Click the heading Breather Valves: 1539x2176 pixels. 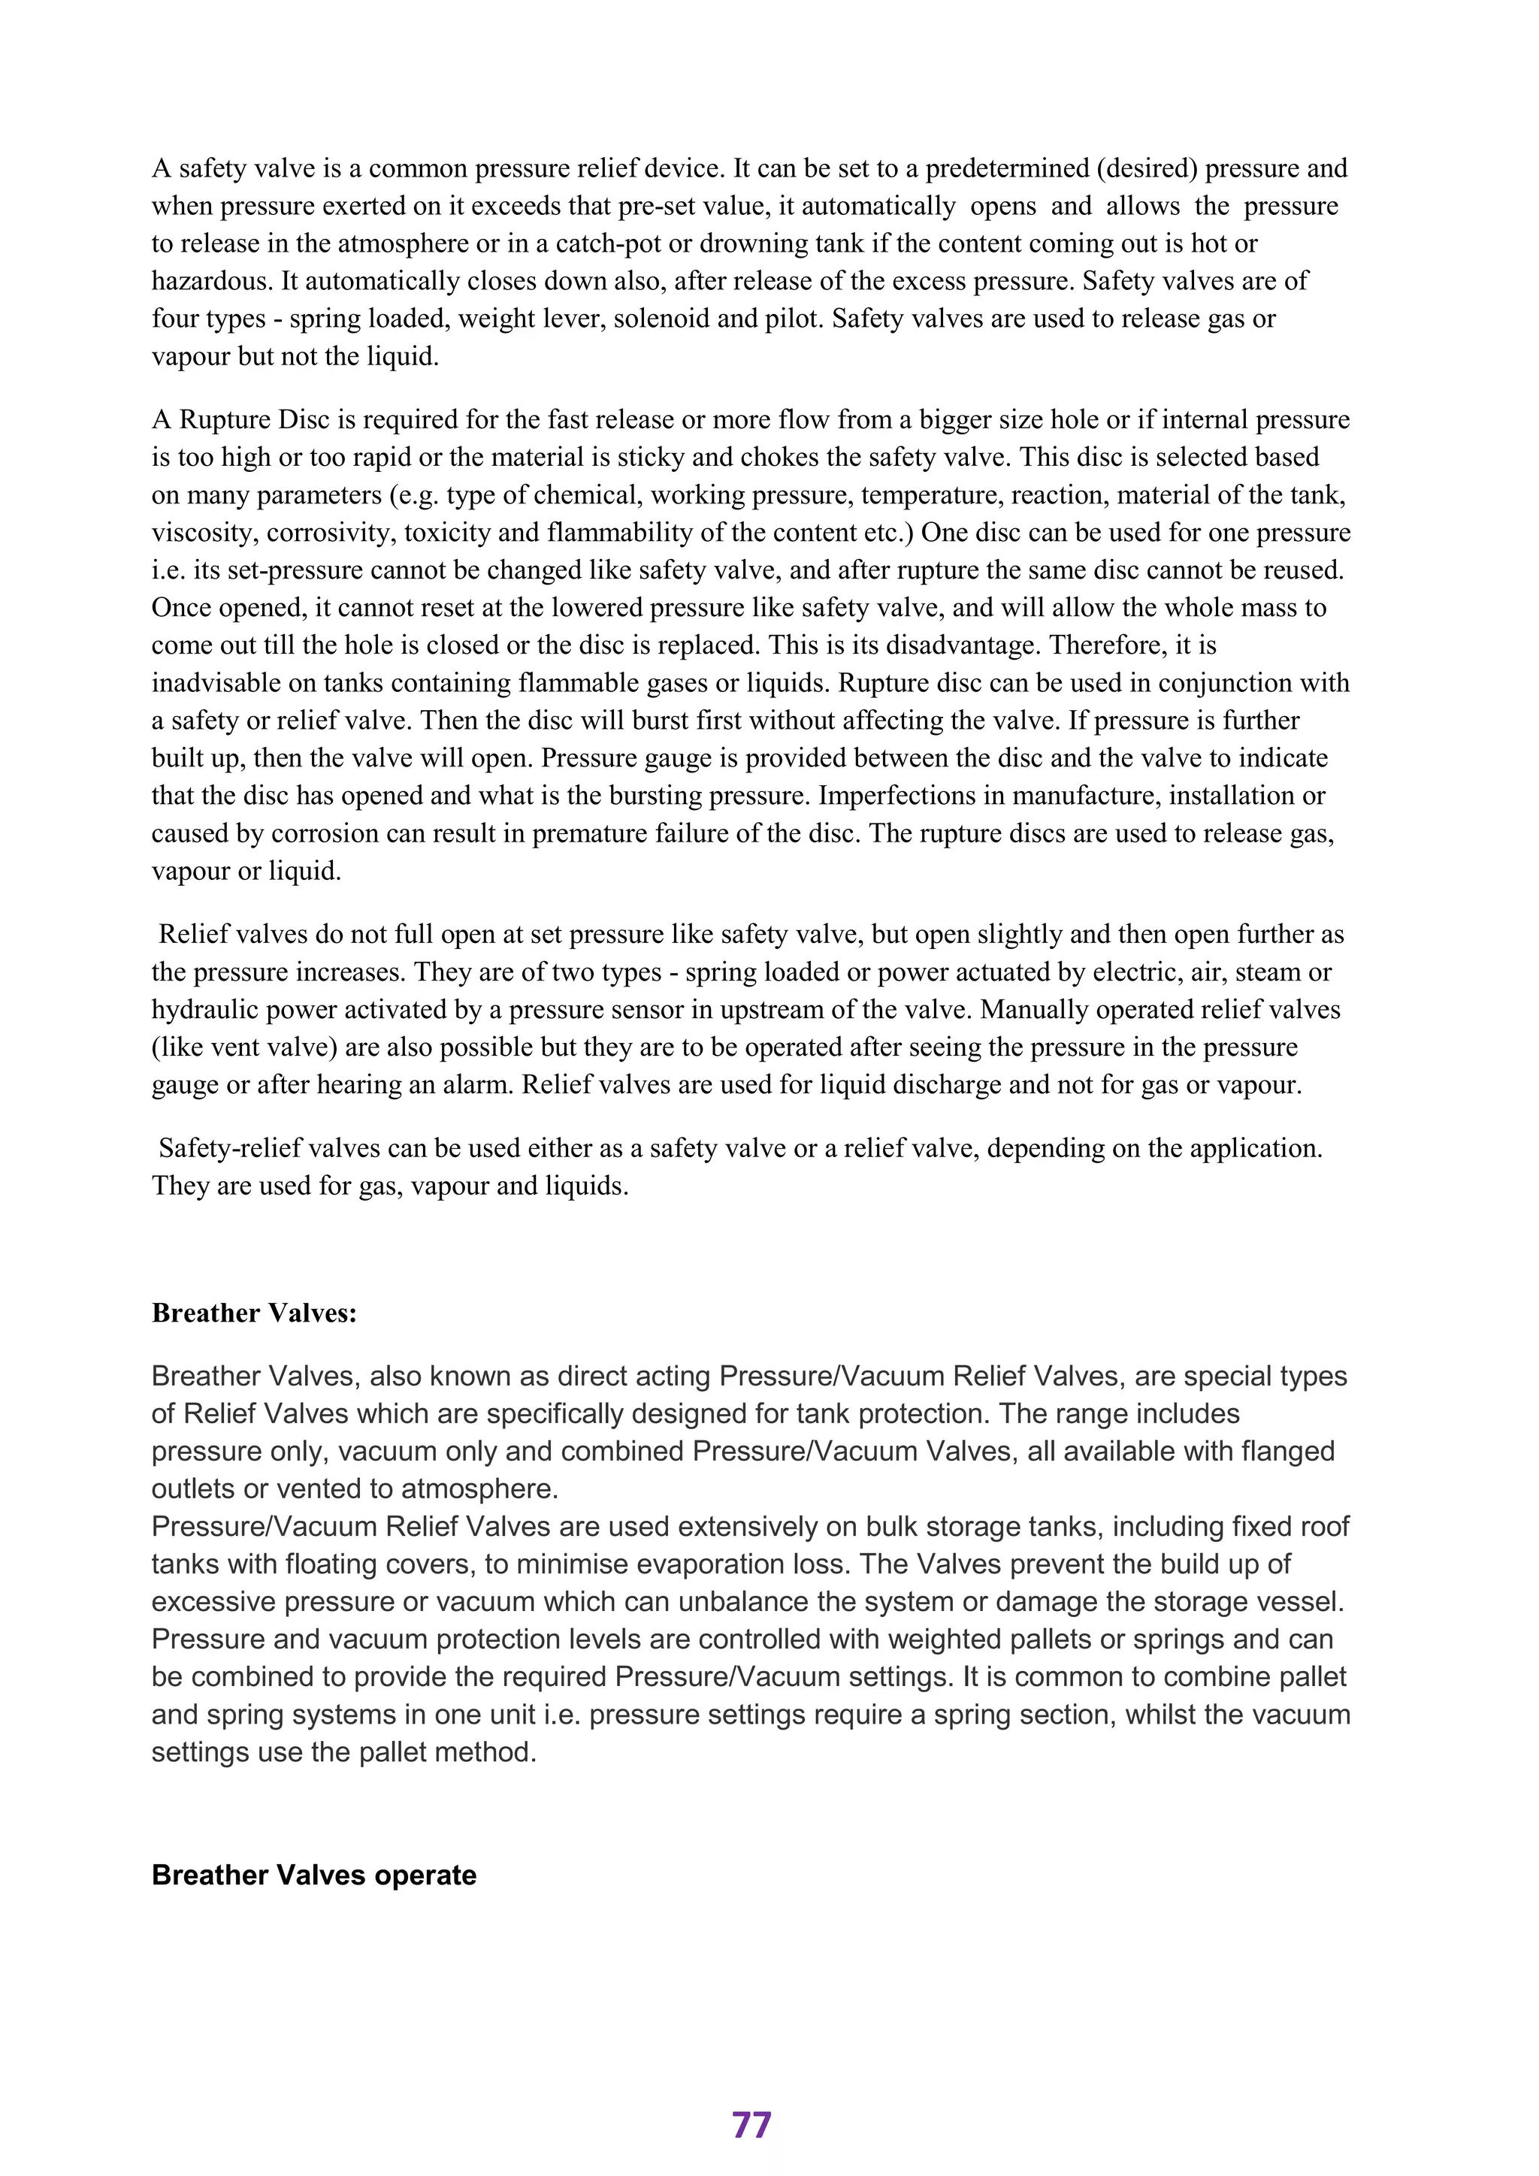pyautogui.click(x=254, y=1313)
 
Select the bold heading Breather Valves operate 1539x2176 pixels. pyautogui.click(x=313, y=1875)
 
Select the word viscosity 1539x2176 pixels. pyautogui.click(x=203, y=533)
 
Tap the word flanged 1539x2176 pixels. pyautogui.click(x=1281, y=1451)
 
